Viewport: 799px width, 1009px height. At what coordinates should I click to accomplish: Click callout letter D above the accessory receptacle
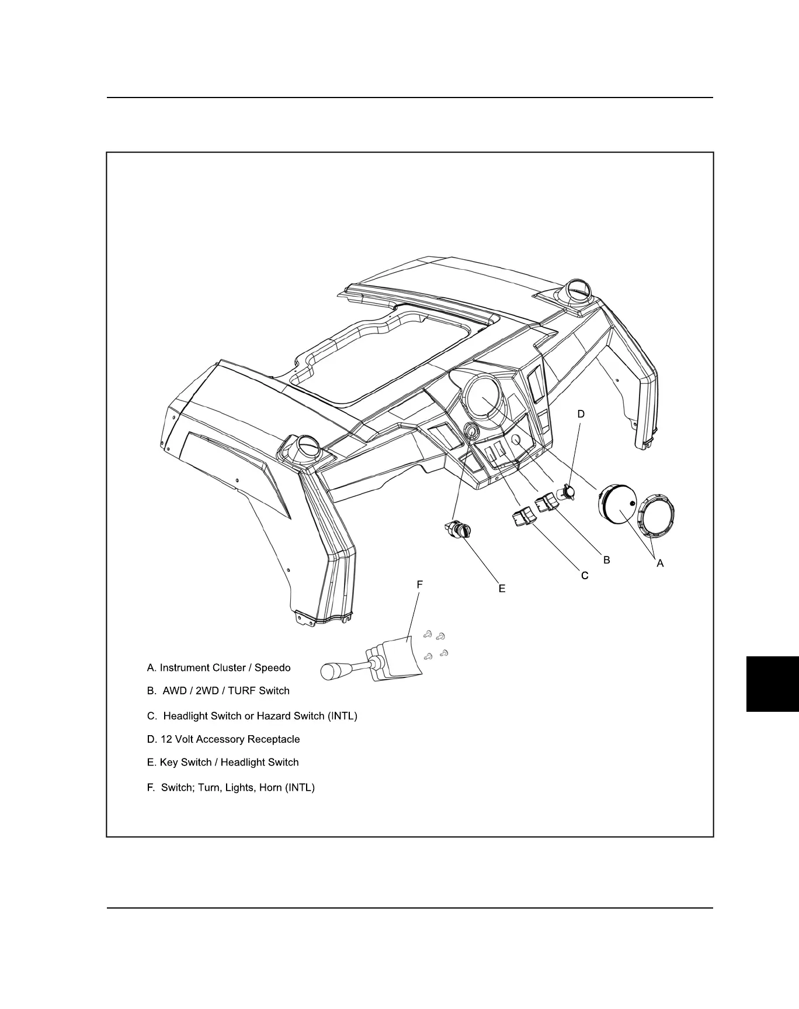pyautogui.click(x=581, y=414)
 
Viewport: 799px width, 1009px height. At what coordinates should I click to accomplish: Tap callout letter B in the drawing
pyautogui.click(x=607, y=560)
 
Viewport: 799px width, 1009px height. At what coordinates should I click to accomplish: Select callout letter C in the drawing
pyautogui.click(x=585, y=576)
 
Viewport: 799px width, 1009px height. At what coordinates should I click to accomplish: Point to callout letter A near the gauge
pyautogui.click(x=660, y=563)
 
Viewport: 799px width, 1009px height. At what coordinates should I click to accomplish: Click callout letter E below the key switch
pyautogui.click(x=502, y=589)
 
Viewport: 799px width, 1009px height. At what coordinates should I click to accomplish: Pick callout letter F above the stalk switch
pyautogui.click(x=419, y=584)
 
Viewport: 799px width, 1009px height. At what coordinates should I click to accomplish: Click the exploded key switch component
pyautogui.click(x=456, y=529)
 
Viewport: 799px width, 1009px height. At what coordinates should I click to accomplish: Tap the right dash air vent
pyautogui.click(x=578, y=290)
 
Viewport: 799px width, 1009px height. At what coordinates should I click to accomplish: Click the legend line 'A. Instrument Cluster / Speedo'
pyautogui.click(x=218, y=667)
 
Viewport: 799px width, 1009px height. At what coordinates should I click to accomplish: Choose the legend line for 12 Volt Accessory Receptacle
pyautogui.click(x=223, y=739)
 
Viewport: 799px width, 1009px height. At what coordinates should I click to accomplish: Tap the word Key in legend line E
pyautogui.click(x=169, y=762)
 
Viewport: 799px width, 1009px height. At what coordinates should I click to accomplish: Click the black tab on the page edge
pyautogui.click(x=772, y=684)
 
